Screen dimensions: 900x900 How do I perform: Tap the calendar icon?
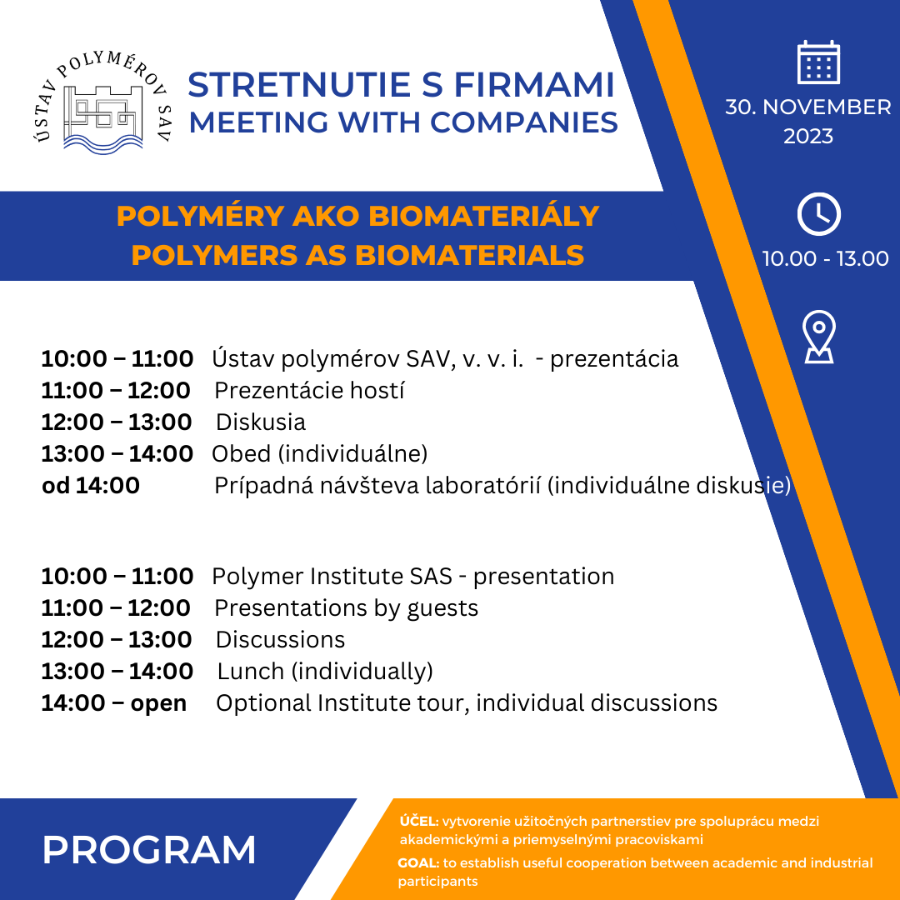[x=818, y=62]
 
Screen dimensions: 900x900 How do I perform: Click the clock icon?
[x=818, y=214]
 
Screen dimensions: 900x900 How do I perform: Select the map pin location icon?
[x=818, y=337]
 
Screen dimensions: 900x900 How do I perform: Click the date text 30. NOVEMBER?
[x=807, y=107]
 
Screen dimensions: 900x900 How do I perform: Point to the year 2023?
[x=807, y=136]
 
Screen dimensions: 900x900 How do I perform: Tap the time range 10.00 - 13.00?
[x=825, y=258]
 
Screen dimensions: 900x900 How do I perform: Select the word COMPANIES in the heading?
[x=523, y=122]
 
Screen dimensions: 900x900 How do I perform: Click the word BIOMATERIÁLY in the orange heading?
[x=483, y=216]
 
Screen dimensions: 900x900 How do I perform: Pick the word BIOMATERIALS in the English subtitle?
[x=470, y=254]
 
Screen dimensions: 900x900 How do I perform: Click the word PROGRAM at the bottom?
[x=149, y=849]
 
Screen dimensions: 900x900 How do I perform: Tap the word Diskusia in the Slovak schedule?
[x=261, y=422]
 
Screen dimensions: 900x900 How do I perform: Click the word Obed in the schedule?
[x=241, y=453]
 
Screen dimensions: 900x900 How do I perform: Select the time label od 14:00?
[x=90, y=485]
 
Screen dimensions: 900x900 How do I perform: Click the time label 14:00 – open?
[x=113, y=702]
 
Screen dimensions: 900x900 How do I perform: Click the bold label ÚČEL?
[x=418, y=821]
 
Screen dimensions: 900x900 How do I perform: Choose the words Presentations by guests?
[x=346, y=607]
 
